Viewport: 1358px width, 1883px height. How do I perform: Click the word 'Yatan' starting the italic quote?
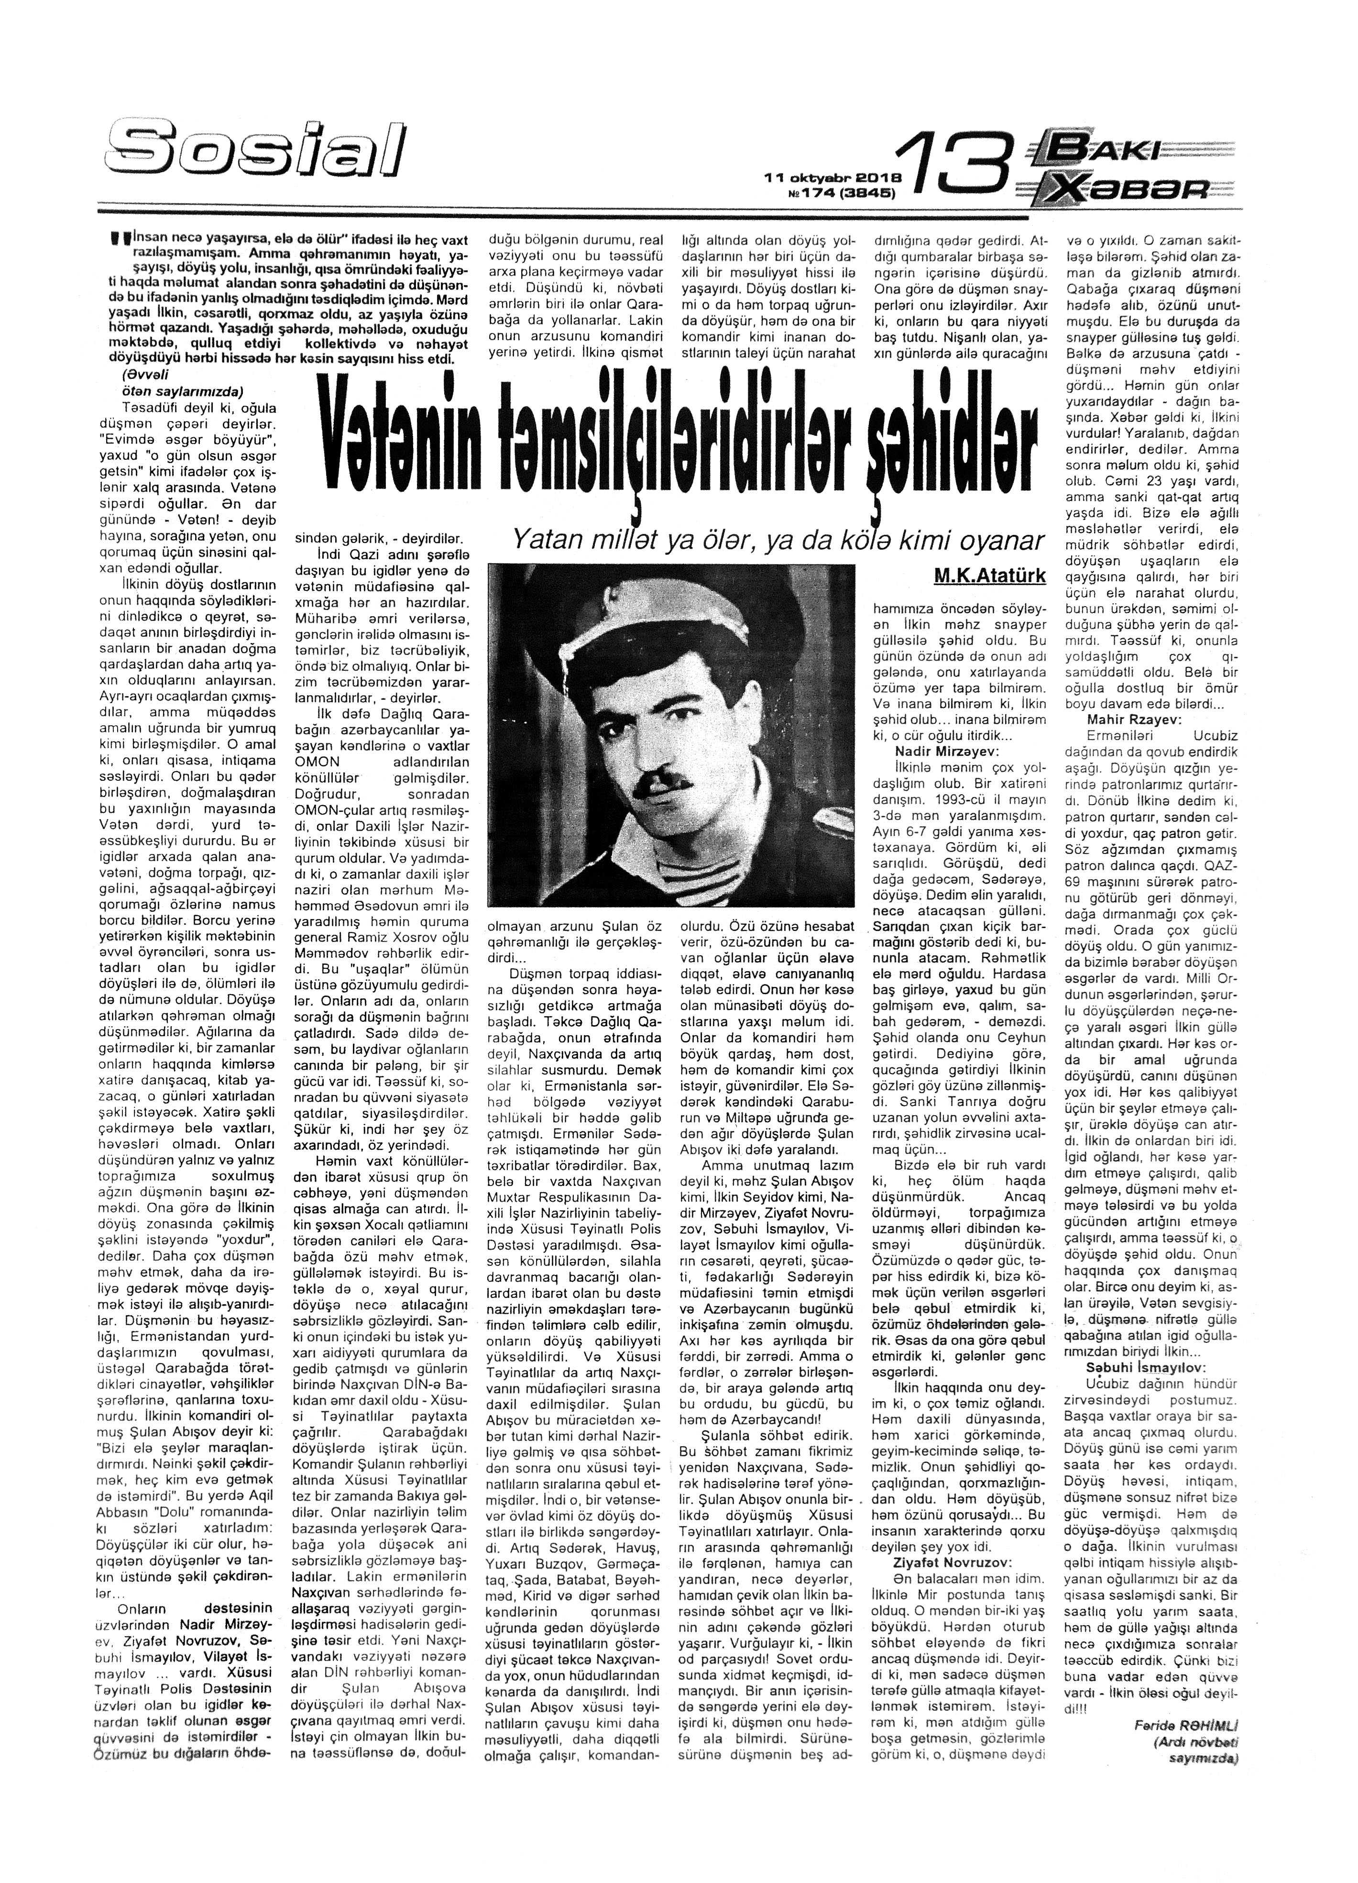coord(543,541)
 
